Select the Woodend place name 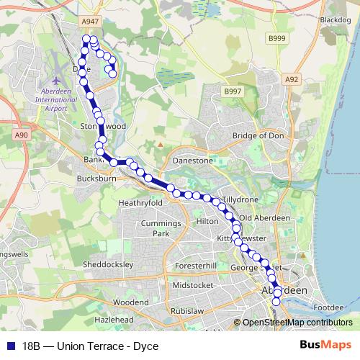pyautogui.click(x=130, y=302)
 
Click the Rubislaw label pyautogui.click(x=189, y=310)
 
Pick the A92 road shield pyautogui.click(x=291, y=79)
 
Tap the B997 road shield pyautogui.click(x=232, y=92)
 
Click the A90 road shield pyautogui.click(x=21, y=134)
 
